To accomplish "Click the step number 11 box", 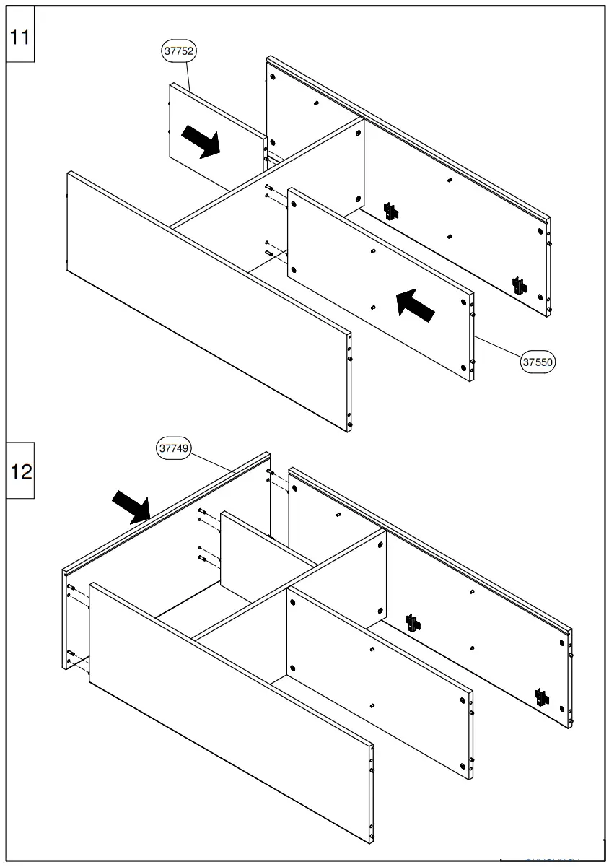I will click(x=21, y=37).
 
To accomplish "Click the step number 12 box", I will click(x=22, y=472).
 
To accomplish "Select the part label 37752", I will click(x=179, y=51).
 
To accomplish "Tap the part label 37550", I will click(x=538, y=363).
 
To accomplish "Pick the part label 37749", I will click(x=173, y=448).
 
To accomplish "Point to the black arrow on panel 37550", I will click(x=416, y=305).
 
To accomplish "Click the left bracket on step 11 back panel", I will click(x=391, y=211).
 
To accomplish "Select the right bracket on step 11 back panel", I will click(x=519, y=285).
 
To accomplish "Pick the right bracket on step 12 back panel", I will click(x=540, y=697).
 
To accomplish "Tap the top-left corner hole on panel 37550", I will click(x=294, y=204).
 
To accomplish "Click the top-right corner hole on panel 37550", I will click(x=463, y=302).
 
